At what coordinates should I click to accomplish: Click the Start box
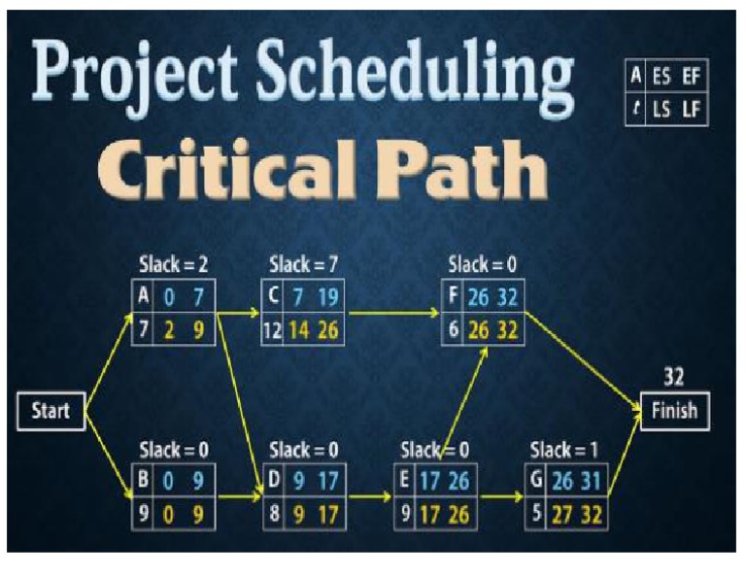[51, 411]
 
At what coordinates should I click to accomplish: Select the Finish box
[674, 410]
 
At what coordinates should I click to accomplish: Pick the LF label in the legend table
[691, 110]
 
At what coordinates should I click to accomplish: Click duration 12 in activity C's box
[271, 330]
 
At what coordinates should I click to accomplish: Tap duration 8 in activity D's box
[275, 515]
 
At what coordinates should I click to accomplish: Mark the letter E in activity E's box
[407, 479]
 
